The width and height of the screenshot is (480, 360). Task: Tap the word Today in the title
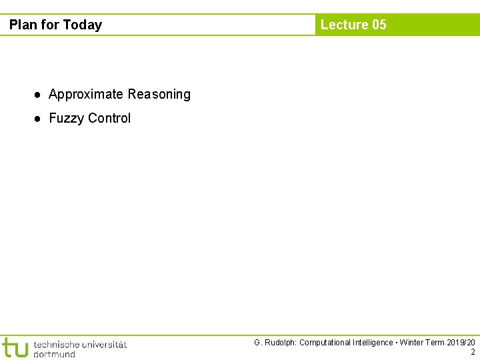coord(83,25)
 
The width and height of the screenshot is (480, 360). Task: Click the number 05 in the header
coord(379,25)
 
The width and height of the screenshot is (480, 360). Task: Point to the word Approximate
coord(86,95)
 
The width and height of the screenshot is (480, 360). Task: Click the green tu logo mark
coord(15,347)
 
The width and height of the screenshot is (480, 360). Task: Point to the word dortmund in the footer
coord(54,354)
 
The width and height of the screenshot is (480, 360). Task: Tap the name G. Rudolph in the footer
coord(275,343)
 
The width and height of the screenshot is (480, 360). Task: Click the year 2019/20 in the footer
coord(461,343)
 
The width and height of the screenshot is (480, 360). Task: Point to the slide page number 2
coord(473,353)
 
